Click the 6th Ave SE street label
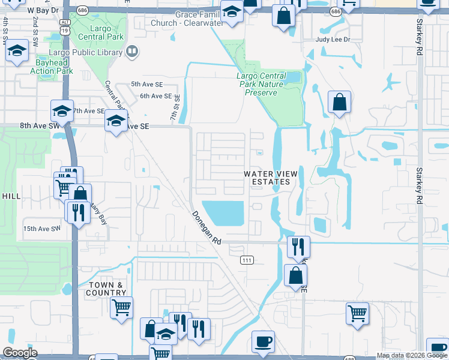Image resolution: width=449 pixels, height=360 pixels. [156, 96]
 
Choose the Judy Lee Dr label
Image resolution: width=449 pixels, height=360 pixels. [333, 40]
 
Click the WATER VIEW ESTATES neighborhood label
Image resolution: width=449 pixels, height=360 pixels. [270, 178]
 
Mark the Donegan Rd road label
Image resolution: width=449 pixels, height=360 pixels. [206, 227]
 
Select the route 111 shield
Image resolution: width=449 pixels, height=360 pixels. [247, 260]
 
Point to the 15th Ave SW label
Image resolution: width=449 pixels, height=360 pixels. [42, 229]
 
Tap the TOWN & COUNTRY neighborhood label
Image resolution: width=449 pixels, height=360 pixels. [108, 289]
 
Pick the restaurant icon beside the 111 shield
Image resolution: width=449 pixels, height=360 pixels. [298, 245]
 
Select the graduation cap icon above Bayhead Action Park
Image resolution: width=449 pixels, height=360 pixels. [18, 51]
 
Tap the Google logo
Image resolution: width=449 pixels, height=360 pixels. [20, 353]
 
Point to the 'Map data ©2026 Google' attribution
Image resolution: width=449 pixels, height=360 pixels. [411, 355]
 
